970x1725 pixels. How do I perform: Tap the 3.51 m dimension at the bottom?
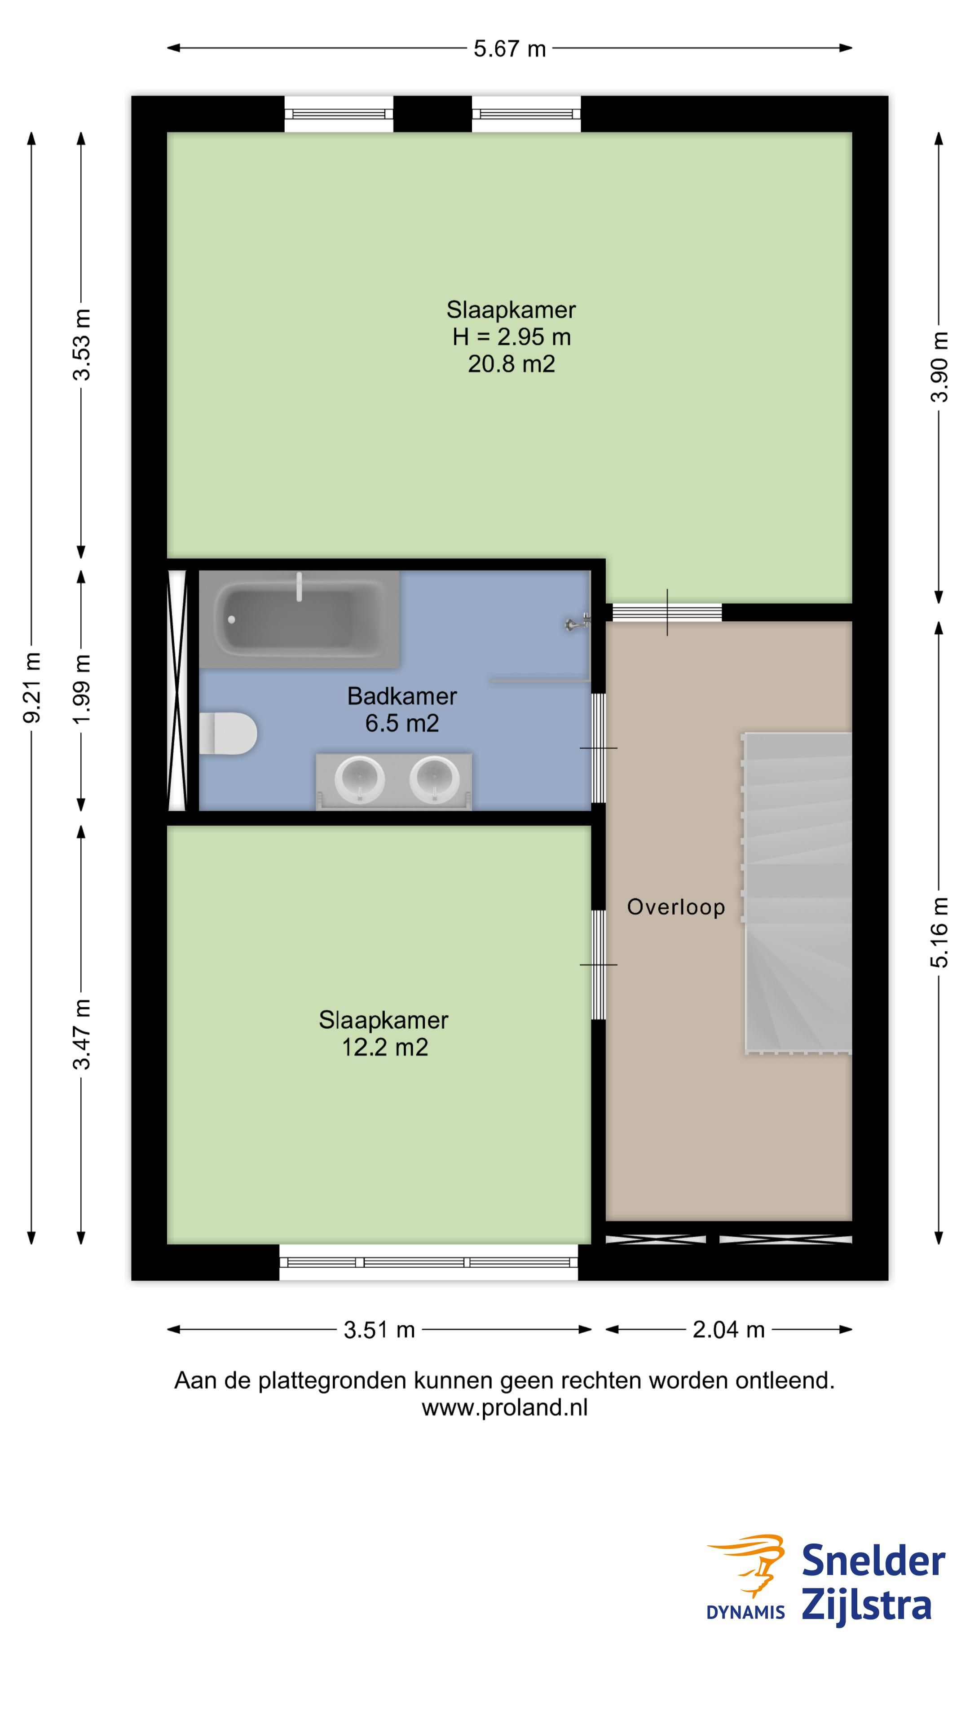pyautogui.click(x=379, y=1329)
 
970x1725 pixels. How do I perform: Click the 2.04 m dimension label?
pyautogui.click(x=728, y=1329)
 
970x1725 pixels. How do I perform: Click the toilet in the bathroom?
pyautogui.click(x=228, y=733)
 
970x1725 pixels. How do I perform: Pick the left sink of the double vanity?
pyautogui.click(x=359, y=779)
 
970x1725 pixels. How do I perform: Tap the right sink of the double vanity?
pyautogui.click(x=434, y=779)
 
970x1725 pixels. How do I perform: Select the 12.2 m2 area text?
pyautogui.click(x=384, y=1047)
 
